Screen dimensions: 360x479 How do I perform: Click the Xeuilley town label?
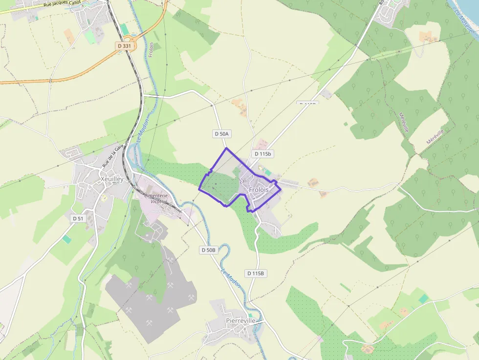[111, 179]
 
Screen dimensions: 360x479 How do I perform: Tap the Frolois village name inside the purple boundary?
[259, 190]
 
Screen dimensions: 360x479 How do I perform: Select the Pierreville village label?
[240, 320]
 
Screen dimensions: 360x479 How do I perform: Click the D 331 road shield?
[125, 46]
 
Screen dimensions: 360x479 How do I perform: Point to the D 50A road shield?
[222, 133]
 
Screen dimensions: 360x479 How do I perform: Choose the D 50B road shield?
[208, 250]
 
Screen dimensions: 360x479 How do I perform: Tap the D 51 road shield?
[79, 218]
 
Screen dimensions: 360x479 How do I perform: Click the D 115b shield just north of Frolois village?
[262, 154]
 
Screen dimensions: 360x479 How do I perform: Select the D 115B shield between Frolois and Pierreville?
[256, 274]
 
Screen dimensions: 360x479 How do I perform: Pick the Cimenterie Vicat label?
[155, 198]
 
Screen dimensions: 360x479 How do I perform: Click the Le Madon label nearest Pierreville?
[231, 277]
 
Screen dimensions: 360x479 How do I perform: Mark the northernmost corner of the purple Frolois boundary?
[226, 148]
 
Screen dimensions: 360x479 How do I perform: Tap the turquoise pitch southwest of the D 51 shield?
[66, 239]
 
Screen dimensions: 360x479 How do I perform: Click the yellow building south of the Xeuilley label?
[104, 198]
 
